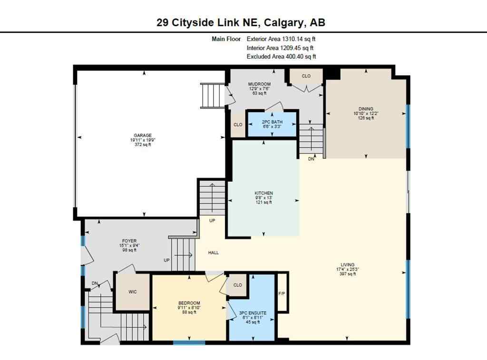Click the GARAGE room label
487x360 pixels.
pyautogui.click(x=143, y=136)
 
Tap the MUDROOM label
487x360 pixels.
pyautogui.click(x=259, y=84)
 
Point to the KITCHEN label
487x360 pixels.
pyautogui.click(x=263, y=193)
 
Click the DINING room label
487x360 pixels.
pyautogui.click(x=366, y=108)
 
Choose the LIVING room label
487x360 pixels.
pyautogui.click(x=348, y=265)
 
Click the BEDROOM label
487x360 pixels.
pyautogui.click(x=189, y=303)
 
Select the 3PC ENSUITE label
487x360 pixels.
pyautogui.click(x=253, y=313)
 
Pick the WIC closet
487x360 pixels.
pyautogui.click(x=133, y=292)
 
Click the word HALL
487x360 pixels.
pyautogui.click(x=214, y=253)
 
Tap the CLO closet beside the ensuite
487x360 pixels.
pyautogui.click(x=237, y=285)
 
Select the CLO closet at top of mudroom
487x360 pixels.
pyautogui.click(x=306, y=76)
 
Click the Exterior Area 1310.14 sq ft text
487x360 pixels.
pyautogui.click(x=281, y=39)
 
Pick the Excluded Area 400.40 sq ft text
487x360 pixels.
pyautogui.click(x=281, y=57)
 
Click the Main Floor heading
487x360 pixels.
pyautogui.click(x=226, y=39)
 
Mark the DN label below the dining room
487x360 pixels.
pyautogui.click(x=311, y=159)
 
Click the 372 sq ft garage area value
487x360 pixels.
pyautogui.click(x=143, y=145)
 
